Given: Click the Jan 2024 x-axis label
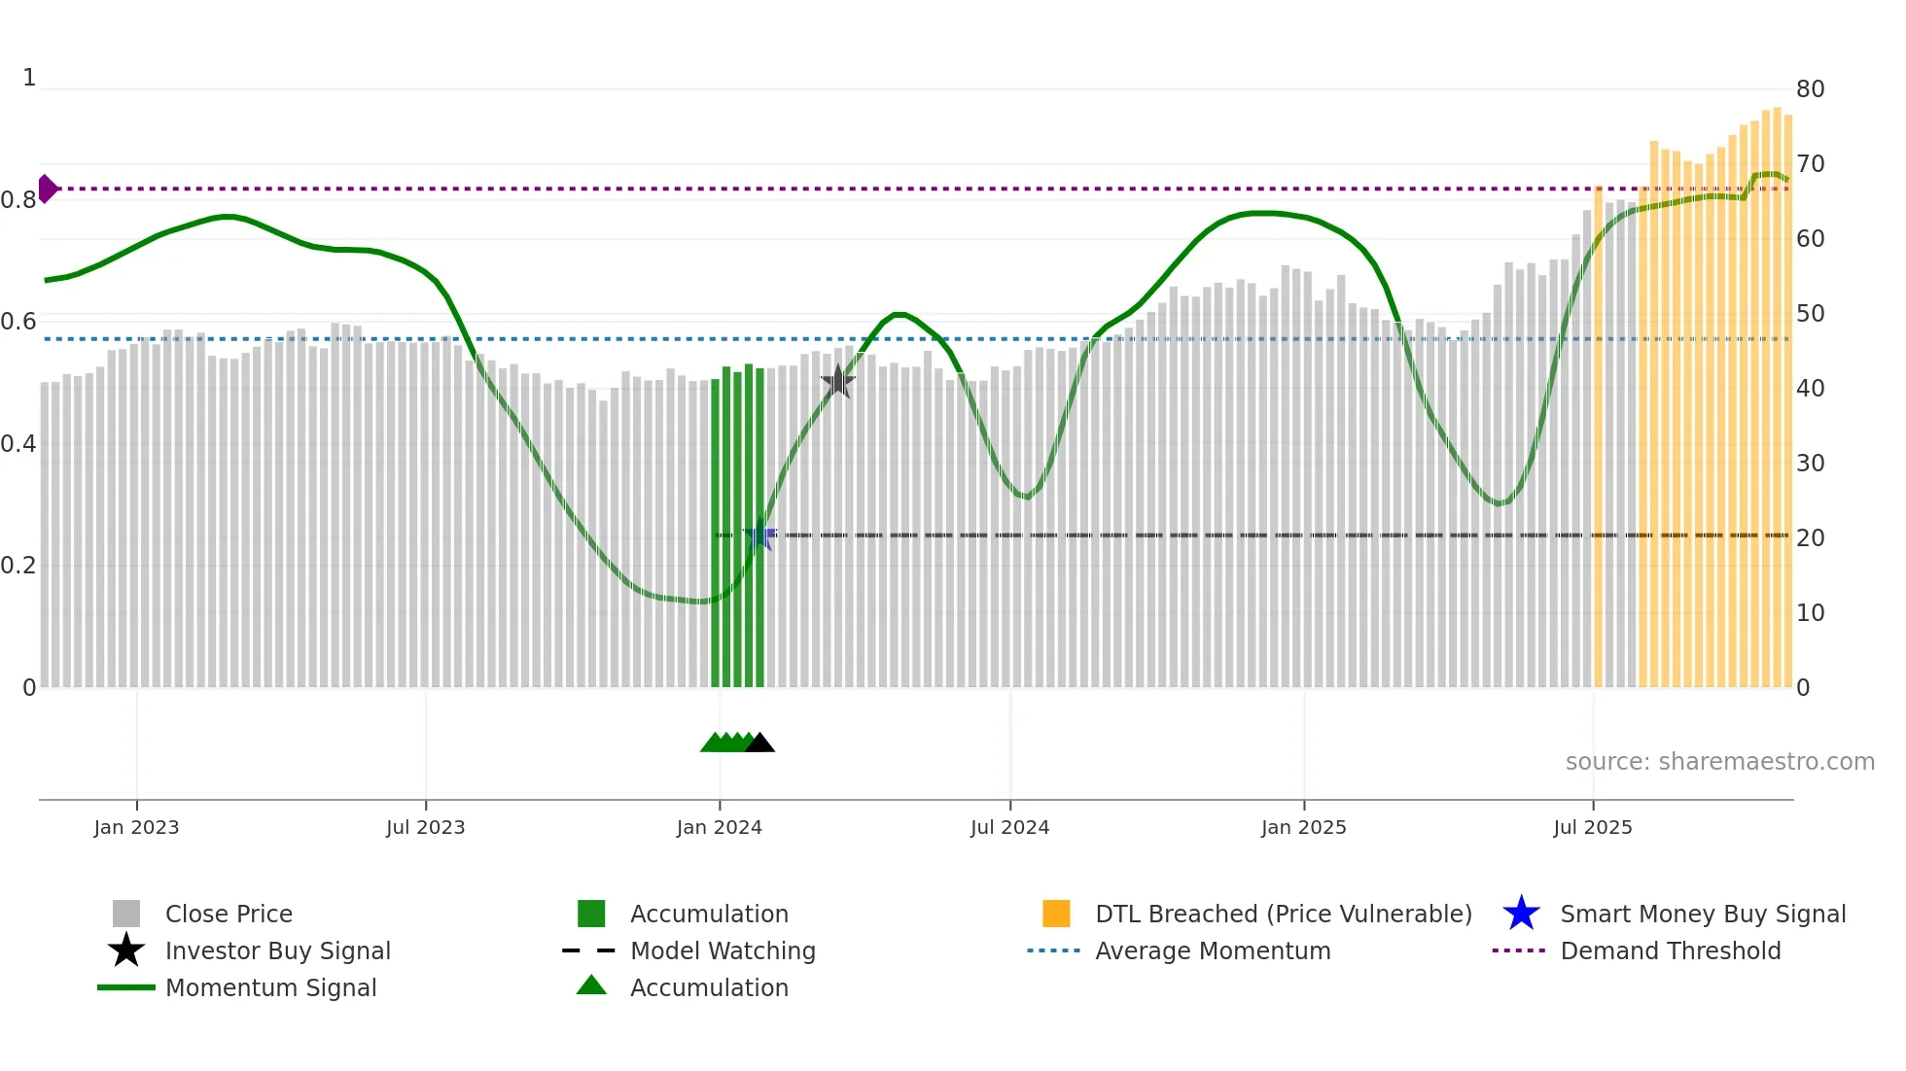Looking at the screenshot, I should [719, 827].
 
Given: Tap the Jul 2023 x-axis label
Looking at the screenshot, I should [425, 827].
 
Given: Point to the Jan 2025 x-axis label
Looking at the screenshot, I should [1303, 827].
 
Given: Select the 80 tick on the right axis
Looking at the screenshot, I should [1810, 89].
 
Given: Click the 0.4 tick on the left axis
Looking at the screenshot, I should [18, 444].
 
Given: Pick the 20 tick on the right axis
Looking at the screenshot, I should [1810, 538].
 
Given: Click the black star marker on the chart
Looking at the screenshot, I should [837, 381].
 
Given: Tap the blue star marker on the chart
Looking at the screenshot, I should [759, 535].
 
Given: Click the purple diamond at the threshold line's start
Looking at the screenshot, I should [47, 189].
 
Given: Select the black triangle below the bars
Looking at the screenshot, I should [759, 743].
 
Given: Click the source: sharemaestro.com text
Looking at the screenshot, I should [1719, 762].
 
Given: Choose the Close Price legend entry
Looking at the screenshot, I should [229, 914].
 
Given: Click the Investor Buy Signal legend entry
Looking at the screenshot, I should [277, 950].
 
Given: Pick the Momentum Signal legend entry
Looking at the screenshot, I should [270, 987].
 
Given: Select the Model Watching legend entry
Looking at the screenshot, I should [723, 950].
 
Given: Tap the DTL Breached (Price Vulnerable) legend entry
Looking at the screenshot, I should [1283, 914].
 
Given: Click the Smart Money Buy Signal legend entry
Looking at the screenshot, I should [1703, 914].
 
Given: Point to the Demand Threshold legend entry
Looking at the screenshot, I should [1670, 950].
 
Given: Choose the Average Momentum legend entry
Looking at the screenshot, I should [1213, 950].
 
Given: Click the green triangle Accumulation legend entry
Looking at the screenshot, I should [709, 987].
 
